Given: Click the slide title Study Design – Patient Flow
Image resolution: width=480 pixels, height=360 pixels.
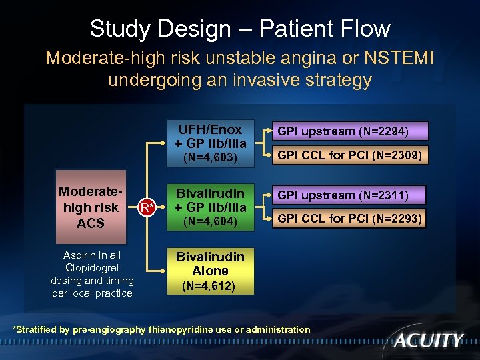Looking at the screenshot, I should coord(240,29).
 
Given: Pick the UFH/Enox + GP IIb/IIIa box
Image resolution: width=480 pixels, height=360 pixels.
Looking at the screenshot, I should coord(211,136).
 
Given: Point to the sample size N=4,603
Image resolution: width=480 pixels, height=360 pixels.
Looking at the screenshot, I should coord(211,158).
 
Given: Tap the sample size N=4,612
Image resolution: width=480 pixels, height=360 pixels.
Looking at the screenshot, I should coord(211,287).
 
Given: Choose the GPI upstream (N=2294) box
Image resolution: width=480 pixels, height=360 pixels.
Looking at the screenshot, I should coord(343,131).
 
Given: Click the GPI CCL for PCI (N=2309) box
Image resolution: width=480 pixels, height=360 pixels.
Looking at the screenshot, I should coord(350,155).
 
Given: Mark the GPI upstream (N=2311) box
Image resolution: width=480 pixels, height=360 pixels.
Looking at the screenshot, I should coord(343,195).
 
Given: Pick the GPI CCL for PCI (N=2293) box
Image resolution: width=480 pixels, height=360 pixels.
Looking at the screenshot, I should coord(350,219).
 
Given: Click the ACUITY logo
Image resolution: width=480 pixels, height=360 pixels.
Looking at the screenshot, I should coord(428,341).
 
